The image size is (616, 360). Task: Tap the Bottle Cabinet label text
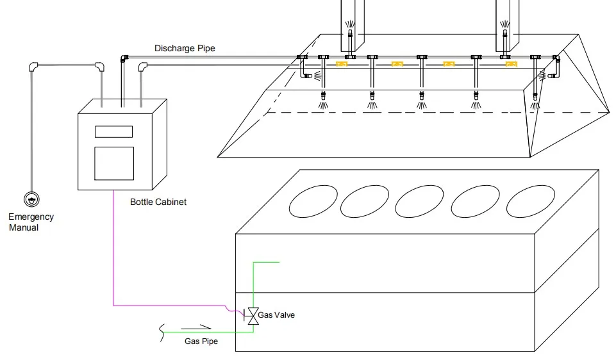tap(158, 202)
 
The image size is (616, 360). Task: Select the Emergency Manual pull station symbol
tap(31, 199)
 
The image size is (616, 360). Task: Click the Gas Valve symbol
tap(253, 316)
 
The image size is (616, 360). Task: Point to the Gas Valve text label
tap(276, 315)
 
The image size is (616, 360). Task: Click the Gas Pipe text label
tap(201, 341)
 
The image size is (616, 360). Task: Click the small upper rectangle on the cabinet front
tap(114, 131)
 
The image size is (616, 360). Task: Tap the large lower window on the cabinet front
tap(114, 163)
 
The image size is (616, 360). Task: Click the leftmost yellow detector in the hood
tap(342, 63)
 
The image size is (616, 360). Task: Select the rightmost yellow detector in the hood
tap(510, 64)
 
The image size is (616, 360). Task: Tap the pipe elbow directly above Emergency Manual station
tap(33, 66)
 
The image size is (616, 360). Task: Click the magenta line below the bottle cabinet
tap(113, 256)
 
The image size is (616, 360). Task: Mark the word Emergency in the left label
tap(31, 217)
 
